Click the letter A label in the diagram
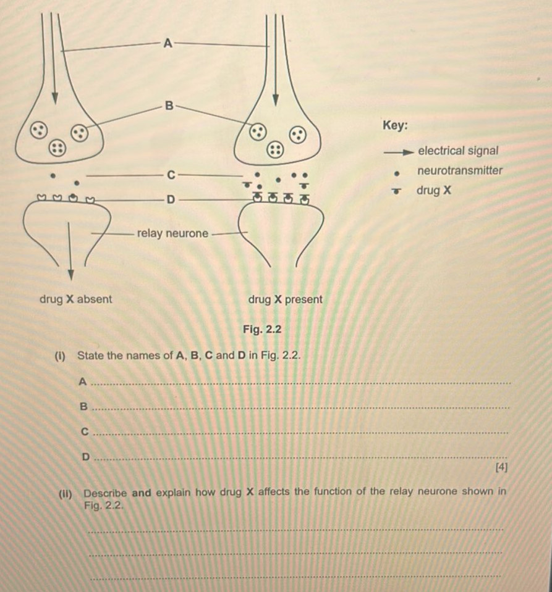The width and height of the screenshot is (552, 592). coord(166,43)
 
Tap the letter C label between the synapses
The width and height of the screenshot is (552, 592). coord(169,175)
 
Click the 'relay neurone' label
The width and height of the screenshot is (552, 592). coord(173,233)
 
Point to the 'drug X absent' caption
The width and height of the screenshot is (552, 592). coord(76,299)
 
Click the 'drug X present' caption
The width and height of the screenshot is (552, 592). coord(285,299)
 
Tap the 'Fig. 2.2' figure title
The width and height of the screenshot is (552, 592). coord(263,329)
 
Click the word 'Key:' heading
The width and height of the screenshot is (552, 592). coord(396,125)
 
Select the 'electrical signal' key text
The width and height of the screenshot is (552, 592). coord(458,151)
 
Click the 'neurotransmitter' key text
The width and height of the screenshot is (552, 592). coord(460,171)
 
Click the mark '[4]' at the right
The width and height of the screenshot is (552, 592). coord(501,467)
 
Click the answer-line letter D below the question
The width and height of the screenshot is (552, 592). coord(86,456)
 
